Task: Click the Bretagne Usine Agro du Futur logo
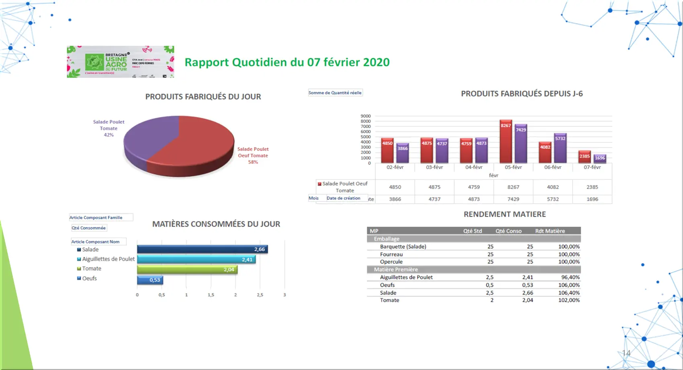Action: click(x=120, y=62)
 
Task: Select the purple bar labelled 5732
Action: click(x=560, y=148)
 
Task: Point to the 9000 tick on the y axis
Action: click(x=366, y=116)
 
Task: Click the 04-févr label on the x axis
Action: click(x=474, y=167)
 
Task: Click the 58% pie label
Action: click(x=253, y=162)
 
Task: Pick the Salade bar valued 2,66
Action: click(x=202, y=249)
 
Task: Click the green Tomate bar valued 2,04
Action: click(x=187, y=269)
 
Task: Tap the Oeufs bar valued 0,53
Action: click(x=150, y=280)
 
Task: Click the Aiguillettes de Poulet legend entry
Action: click(x=108, y=259)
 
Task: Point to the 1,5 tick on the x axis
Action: click(x=211, y=295)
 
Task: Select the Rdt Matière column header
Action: click(x=550, y=231)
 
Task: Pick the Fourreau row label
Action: click(x=391, y=254)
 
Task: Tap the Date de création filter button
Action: click(x=344, y=198)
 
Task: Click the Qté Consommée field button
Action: click(x=88, y=228)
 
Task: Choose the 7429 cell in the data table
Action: click(x=513, y=199)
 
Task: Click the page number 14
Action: click(x=626, y=353)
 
